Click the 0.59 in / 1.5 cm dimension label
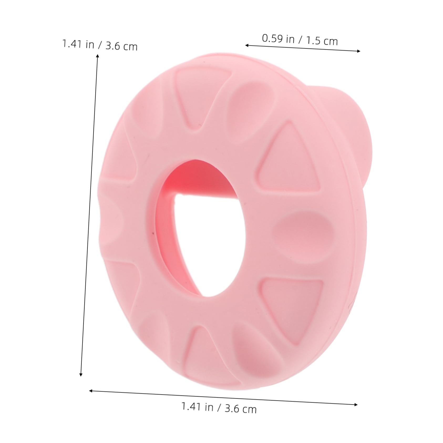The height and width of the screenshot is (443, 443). coord(300,40)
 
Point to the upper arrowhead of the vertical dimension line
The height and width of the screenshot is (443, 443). coord(97,55)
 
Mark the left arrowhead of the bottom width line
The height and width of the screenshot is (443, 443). coord(91,391)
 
